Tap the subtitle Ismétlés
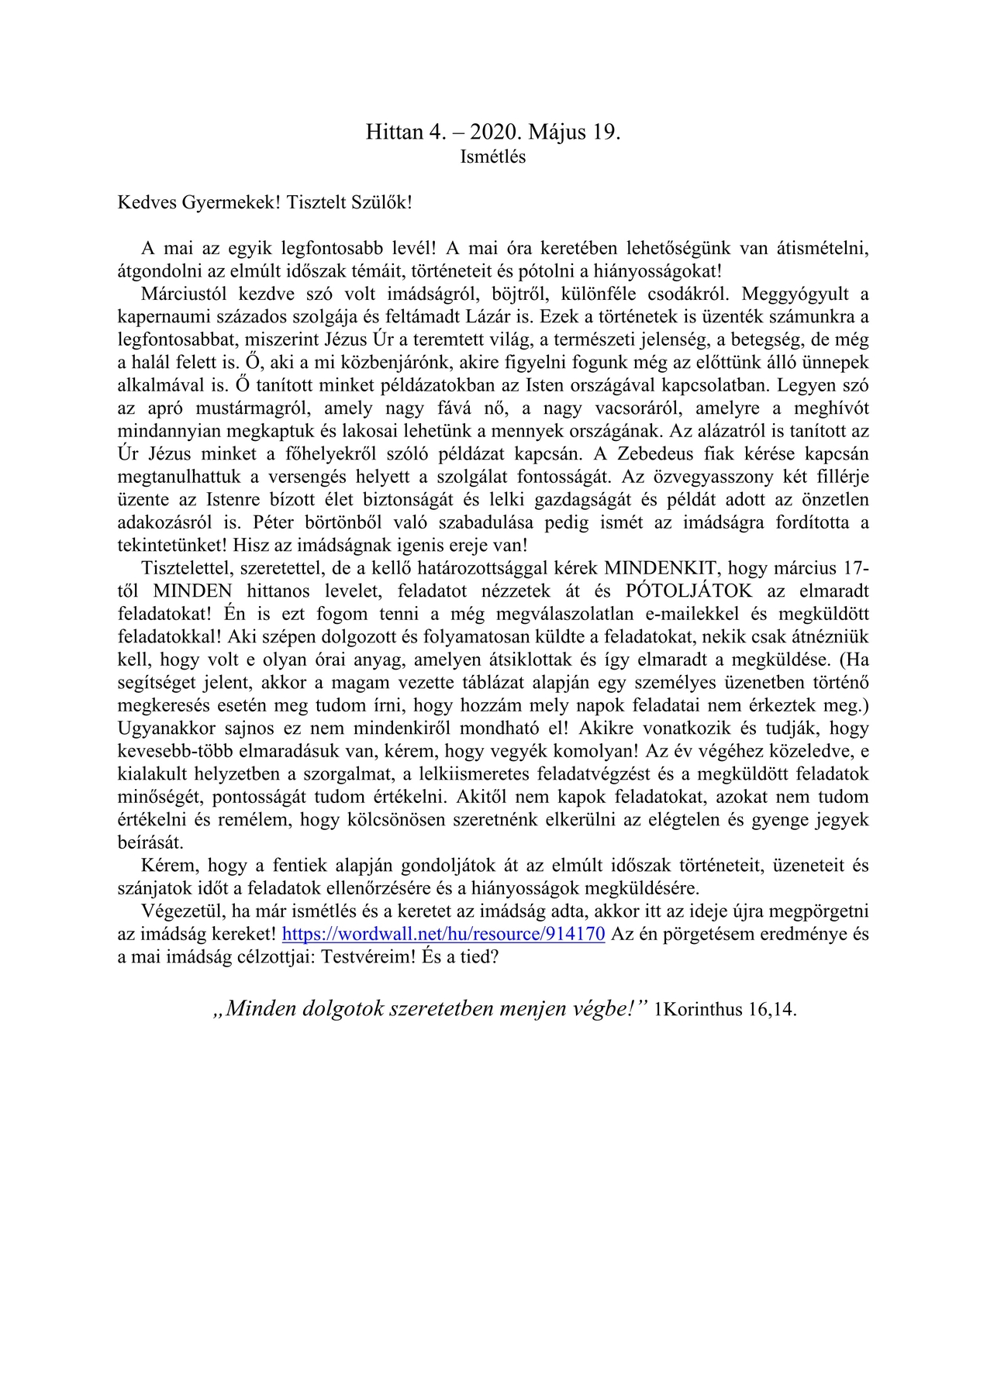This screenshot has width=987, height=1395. (493, 157)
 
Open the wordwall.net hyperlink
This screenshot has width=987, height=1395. (443, 934)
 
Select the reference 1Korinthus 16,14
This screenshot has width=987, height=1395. (726, 1010)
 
